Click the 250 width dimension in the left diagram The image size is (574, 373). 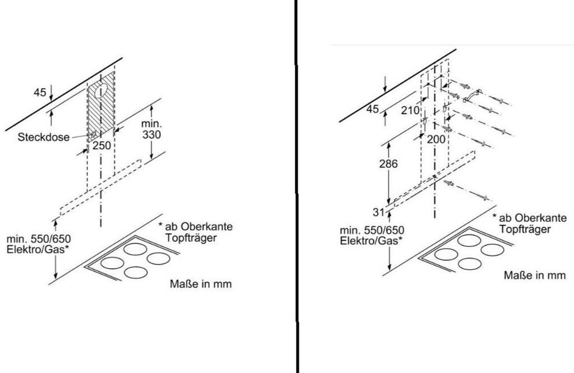tap(101, 145)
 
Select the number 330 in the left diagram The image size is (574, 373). tap(151, 135)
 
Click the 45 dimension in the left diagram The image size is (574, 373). tap(39, 93)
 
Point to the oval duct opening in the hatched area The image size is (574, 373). tap(101, 90)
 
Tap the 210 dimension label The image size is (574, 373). tap(410, 110)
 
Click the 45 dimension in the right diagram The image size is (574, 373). tap(373, 109)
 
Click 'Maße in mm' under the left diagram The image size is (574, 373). tap(200, 284)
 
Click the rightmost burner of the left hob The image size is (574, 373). tap(159, 259)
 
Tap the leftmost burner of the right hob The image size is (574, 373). tap(446, 254)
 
